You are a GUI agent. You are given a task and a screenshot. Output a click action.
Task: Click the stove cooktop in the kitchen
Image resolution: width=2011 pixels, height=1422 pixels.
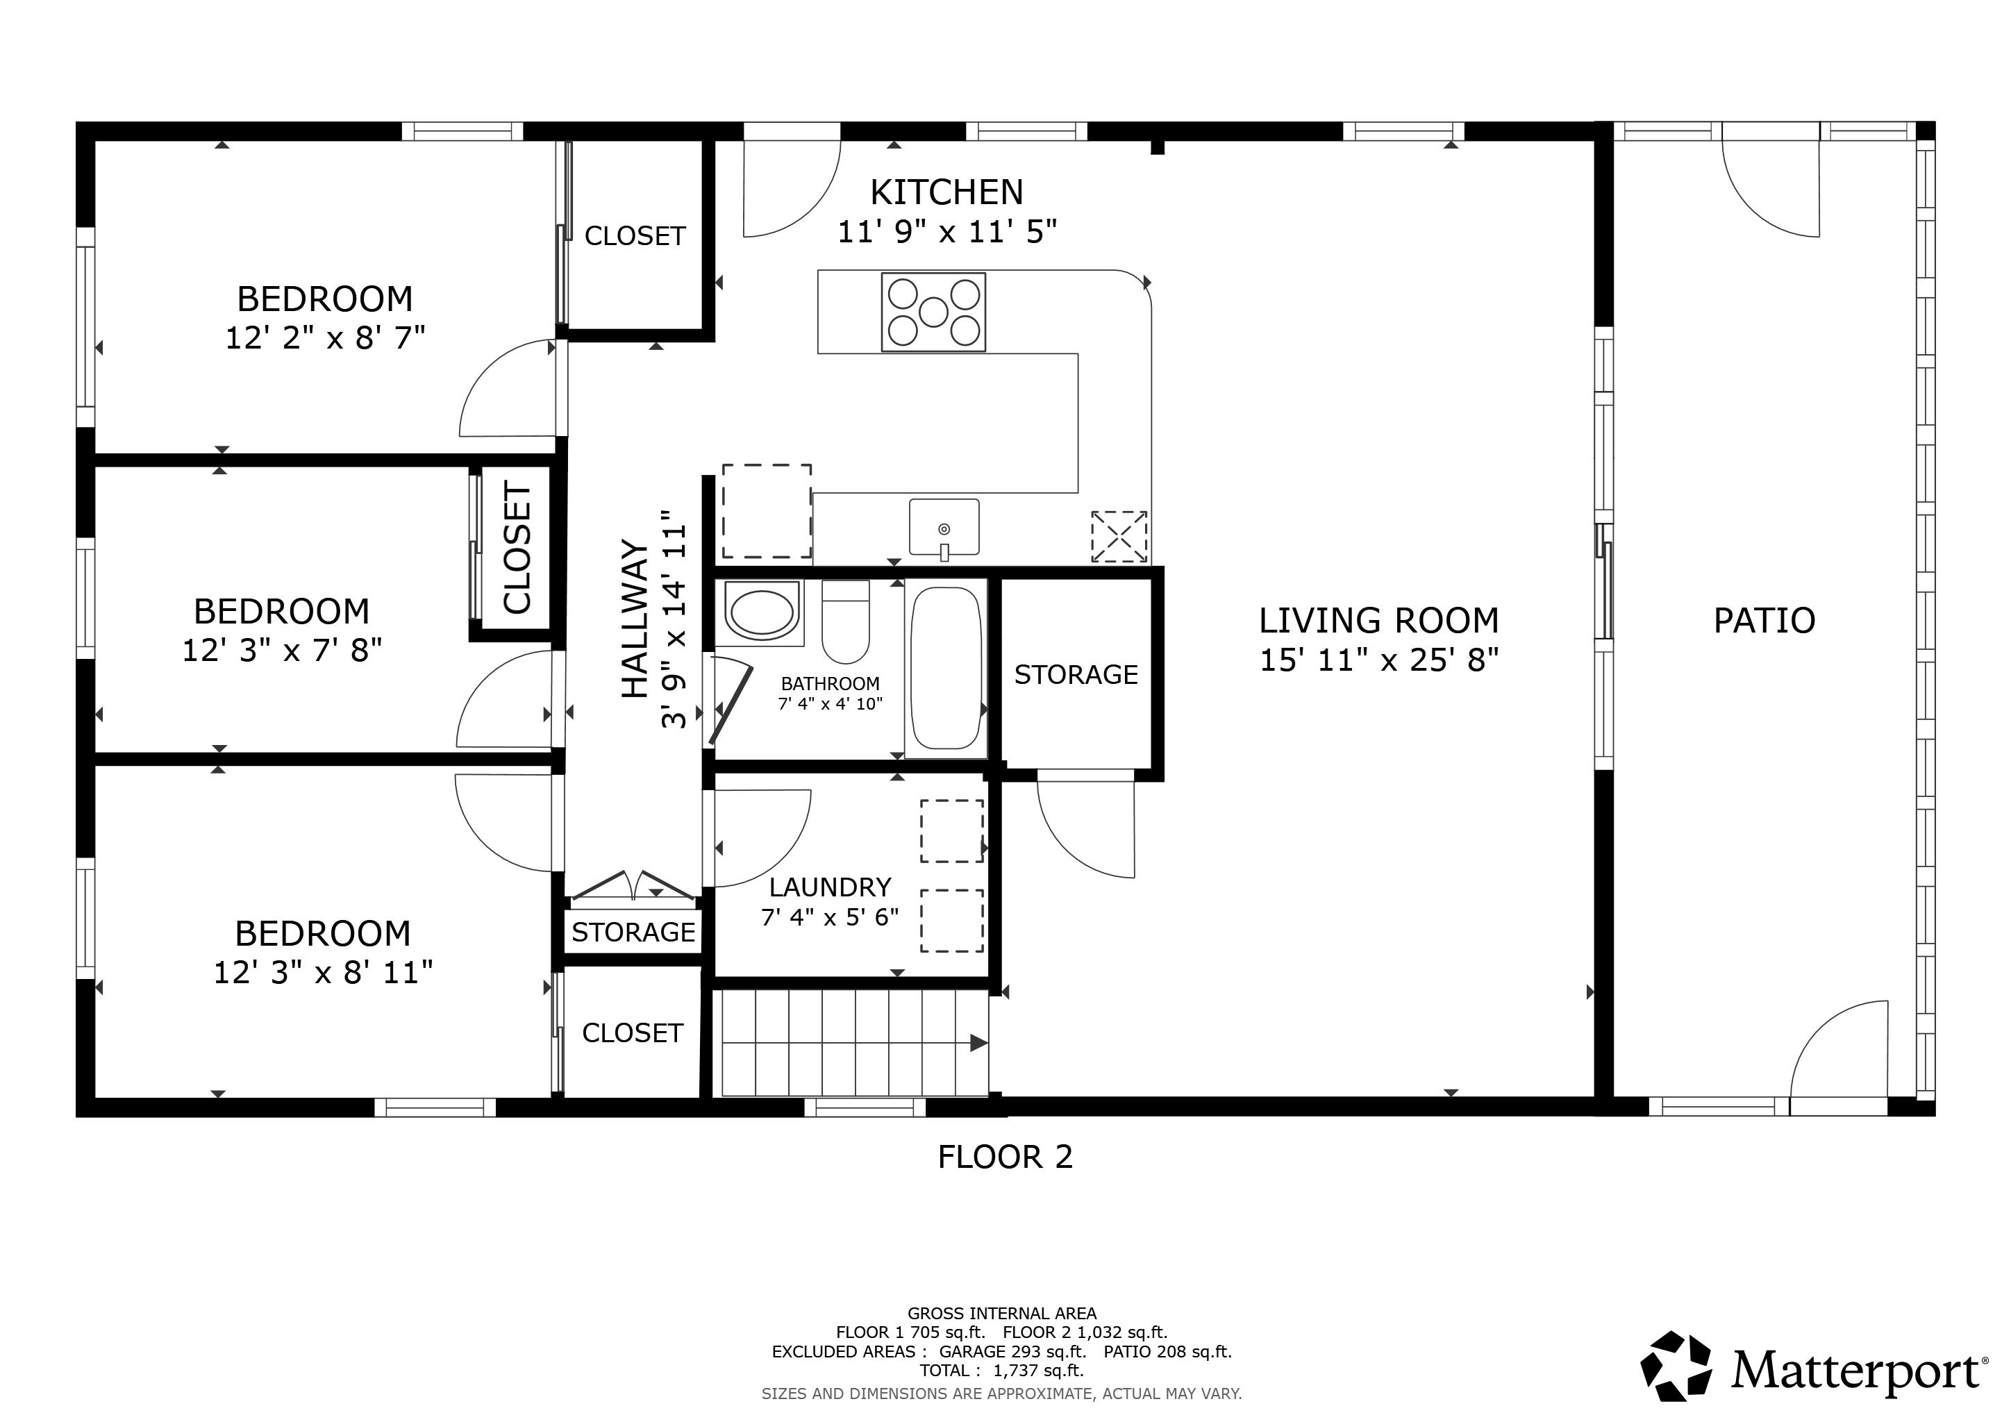[934, 312]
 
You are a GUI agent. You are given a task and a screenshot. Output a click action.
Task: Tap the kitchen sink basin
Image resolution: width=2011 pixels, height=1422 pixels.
[944, 527]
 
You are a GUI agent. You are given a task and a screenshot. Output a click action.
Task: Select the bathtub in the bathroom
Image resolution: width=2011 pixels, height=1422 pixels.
[946, 668]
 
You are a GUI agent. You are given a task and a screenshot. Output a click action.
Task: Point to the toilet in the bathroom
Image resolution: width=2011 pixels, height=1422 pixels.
[846, 621]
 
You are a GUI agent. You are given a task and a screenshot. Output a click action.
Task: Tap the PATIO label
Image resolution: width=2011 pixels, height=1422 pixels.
[1764, 621]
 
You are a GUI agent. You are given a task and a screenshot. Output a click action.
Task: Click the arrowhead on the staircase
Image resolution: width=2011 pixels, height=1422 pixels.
[979, 1043]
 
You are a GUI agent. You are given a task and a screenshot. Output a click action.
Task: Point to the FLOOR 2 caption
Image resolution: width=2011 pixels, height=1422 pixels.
[1005, 1157]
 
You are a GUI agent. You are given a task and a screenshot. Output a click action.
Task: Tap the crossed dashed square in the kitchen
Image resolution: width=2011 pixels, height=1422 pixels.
[1119, 537]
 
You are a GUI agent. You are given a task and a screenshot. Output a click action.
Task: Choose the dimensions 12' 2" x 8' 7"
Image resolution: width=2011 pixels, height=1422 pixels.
[325, 338]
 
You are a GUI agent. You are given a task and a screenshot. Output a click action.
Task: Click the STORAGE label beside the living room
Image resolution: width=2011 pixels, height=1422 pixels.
[1076, 674]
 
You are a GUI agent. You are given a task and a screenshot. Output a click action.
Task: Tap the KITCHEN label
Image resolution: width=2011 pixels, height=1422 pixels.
[946, 192]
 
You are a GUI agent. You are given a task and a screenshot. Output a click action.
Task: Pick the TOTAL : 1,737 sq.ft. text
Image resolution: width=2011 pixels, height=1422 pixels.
[1001, 1371]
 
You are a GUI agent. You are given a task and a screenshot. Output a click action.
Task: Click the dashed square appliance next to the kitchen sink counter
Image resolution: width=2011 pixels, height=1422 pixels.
[767, 511]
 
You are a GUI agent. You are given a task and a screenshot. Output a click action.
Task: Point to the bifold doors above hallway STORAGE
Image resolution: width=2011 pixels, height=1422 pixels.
[633, 885]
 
